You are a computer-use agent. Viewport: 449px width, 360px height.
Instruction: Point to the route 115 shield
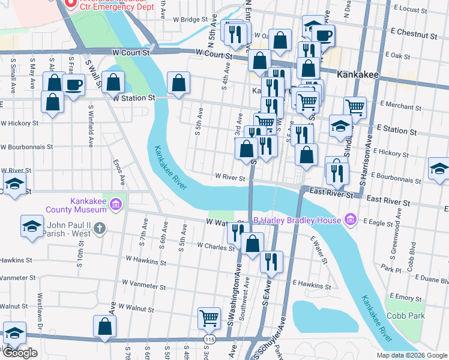[x=208, y=340]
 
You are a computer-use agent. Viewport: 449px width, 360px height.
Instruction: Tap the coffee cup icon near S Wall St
[x=73, y=85]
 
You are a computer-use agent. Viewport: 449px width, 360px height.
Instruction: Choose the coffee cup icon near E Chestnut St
[x=324, y=35]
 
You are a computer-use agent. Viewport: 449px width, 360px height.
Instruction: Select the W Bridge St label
[x=189, y=20]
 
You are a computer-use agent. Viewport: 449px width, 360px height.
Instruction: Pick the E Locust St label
[x=417, y=10]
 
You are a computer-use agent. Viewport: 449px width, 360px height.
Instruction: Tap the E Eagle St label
[x=383, y=222]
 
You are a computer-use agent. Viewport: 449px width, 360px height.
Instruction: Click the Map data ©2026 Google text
[x=411, y=355]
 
